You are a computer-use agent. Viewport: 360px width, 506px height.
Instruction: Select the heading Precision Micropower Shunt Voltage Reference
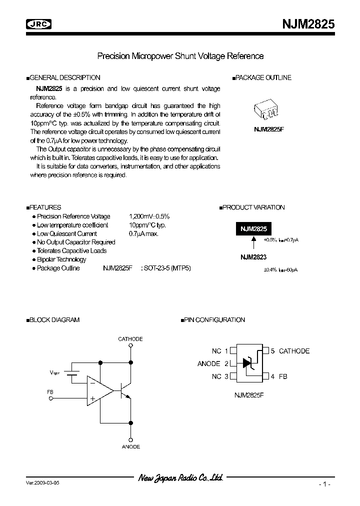coord(180,56)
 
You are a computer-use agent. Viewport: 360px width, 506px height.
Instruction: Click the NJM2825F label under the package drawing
coord(269,129)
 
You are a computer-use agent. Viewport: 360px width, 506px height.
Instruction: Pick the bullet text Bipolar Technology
coord(61,259)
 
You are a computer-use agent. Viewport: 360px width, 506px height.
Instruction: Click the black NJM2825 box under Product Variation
coord(253,229)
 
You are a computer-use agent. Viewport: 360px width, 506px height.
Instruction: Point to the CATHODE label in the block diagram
coord(130,339)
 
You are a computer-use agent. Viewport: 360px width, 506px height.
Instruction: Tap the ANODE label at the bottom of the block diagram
coord(131,446)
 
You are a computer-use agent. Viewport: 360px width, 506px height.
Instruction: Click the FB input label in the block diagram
coord(49,392)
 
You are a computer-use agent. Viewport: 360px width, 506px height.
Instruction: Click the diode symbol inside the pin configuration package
coord(247,363)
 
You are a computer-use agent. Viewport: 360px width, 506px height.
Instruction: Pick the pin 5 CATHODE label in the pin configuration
coord(294,351)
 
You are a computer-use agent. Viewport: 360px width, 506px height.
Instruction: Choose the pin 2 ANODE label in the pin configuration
coord(208,363)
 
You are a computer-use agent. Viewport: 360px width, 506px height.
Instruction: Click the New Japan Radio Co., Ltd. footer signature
coord(180,478)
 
